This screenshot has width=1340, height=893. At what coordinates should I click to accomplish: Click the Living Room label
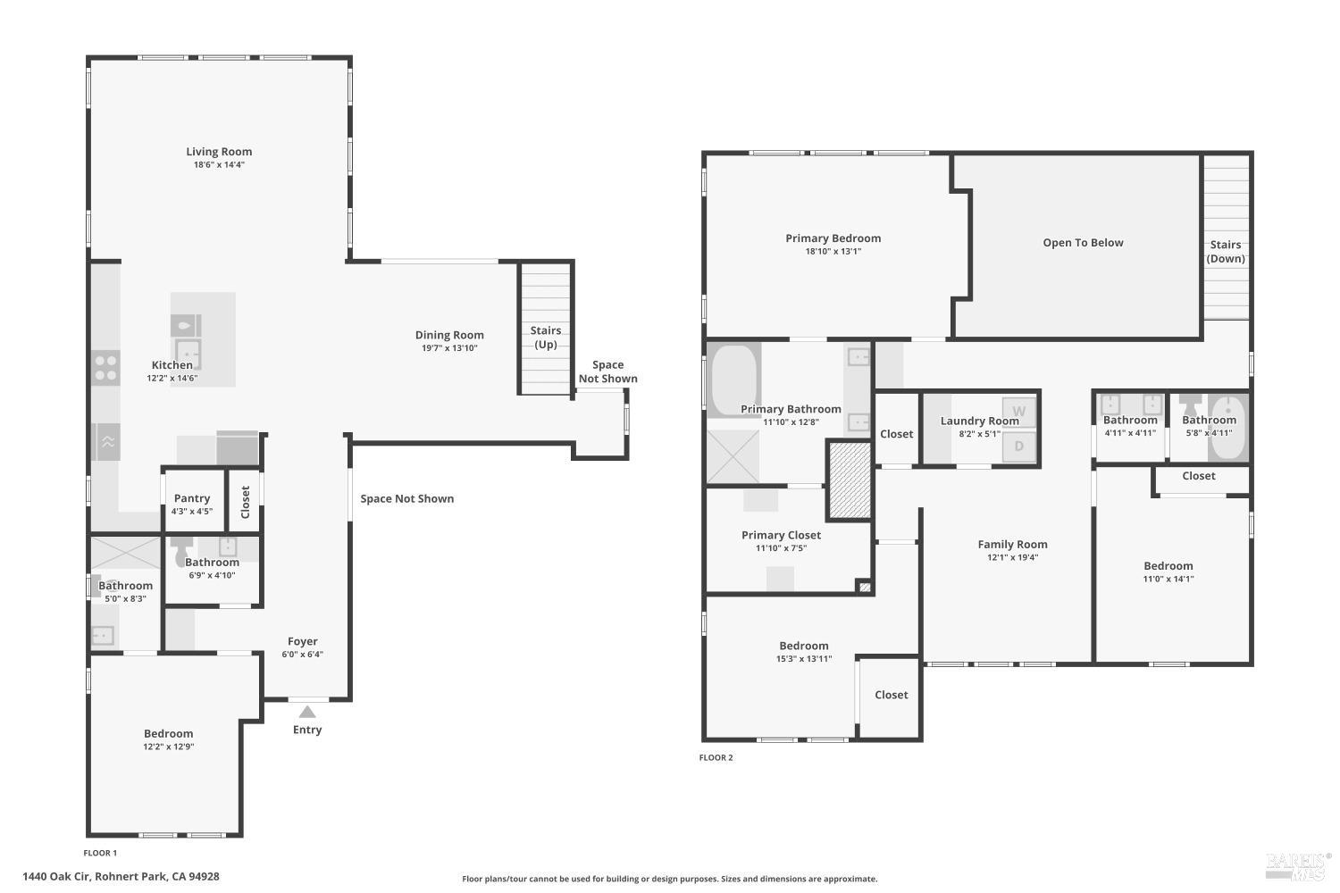(219, 152)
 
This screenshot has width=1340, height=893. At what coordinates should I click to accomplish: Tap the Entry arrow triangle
(307, 712)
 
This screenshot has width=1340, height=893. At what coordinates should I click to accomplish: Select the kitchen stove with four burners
(105, 368)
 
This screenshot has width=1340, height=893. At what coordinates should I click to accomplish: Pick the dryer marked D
(1018, 446)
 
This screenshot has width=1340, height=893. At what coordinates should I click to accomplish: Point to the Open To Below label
(1083, 243)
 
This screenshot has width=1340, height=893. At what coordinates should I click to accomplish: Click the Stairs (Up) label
(545, 338)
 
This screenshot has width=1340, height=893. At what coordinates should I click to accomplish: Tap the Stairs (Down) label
(1226, 252)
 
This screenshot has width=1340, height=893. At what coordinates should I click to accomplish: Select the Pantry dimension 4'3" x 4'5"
(192, 512)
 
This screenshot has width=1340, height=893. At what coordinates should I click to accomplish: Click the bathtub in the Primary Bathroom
(733, 380)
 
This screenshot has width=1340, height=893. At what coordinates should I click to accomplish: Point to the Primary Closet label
(781, 535)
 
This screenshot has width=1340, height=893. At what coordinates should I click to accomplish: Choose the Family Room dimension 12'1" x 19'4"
(1012, 557)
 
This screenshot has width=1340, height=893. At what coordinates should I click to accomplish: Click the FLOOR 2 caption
(716, 757)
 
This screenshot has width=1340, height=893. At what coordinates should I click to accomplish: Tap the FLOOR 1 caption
(100, 853)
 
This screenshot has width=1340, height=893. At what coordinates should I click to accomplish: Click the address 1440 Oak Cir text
(121, 877)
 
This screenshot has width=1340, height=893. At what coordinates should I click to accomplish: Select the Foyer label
(302, 641)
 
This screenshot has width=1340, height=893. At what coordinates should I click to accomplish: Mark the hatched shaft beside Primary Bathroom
(849, 480)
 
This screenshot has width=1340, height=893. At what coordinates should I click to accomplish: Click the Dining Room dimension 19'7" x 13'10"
(449, 348)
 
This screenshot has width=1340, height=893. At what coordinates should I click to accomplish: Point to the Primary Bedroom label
(833, 238)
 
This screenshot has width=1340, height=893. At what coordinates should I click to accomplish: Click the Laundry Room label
(979, 421)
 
